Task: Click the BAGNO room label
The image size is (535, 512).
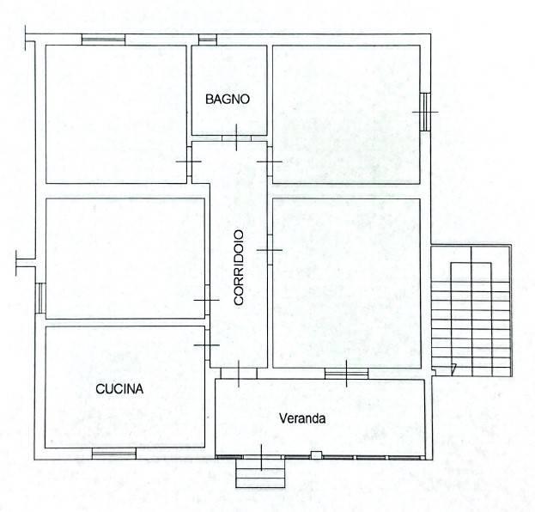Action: coord(228,99)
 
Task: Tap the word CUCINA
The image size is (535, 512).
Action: coord(119,389)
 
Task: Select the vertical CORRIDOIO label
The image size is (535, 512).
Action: coord(239,268)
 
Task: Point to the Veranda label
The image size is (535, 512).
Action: coord(302,418)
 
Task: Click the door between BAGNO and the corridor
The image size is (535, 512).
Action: coord(236,138)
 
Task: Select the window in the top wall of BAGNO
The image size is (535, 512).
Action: coord(208,40)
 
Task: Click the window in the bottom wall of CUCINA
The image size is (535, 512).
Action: coord(114,454)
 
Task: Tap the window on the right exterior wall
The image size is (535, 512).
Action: coord(425,112)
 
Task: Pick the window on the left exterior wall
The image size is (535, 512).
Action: coord(40,298)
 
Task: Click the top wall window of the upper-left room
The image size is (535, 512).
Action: coord(103,40)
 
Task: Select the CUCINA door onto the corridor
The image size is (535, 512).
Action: coord(207,345)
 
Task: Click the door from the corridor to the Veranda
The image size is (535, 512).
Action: coord(239,374)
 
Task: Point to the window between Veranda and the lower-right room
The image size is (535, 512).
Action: coord(346,374)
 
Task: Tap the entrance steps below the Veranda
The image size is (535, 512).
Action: coord(260,472)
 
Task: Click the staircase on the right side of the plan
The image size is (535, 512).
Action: coord(471,311)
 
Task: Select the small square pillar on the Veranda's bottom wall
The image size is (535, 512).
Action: coord(316,454)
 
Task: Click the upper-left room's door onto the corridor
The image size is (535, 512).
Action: coord(189,162)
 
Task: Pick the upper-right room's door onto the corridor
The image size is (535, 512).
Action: coord(270,162)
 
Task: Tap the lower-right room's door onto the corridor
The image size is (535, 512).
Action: coord(270,250)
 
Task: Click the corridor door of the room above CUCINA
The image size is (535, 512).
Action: coord(207,300)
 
